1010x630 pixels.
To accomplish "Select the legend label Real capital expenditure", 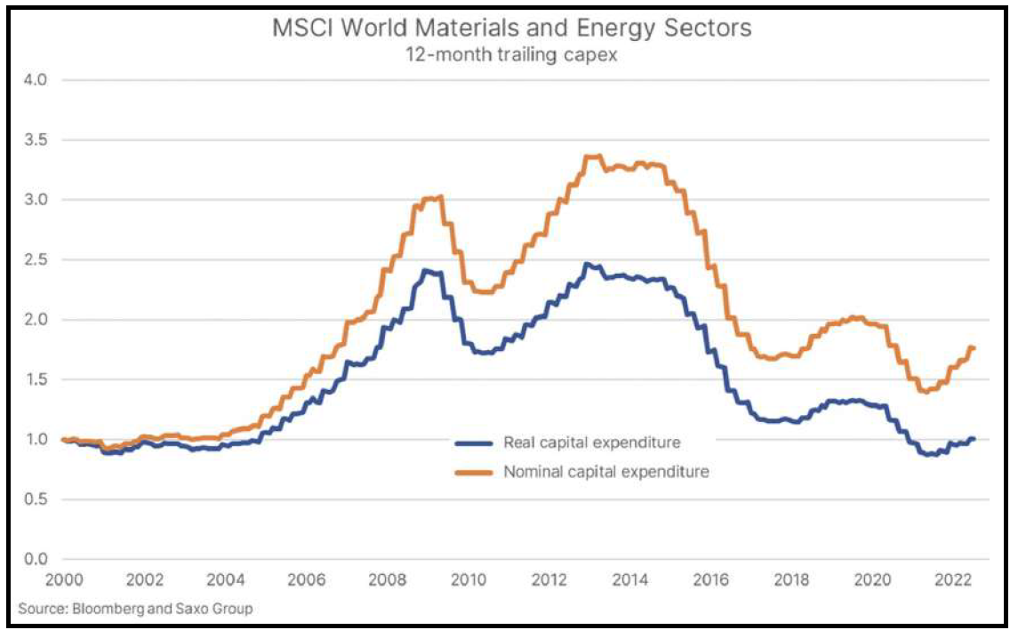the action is [592, 443].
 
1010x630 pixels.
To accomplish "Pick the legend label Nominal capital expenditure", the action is [606, 473].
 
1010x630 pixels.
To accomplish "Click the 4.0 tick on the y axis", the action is [36, 81].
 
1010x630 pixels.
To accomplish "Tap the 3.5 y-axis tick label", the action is [36, 140].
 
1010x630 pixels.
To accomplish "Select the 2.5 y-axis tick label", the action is [36, 260].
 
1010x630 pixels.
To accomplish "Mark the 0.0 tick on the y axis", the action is [36, 559].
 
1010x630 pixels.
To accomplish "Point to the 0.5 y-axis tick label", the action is [36, 499].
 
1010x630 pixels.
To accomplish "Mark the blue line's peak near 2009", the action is [427, 270].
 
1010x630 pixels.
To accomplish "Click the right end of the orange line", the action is [974, 348].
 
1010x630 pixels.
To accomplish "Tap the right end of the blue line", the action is [974, 439].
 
